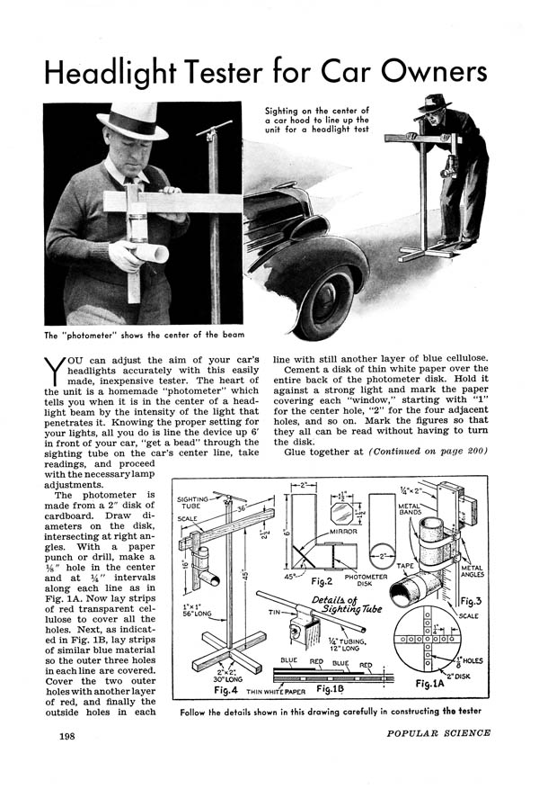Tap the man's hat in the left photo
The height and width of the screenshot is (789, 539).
[133, 119]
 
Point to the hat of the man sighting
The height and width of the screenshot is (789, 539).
[435, 103]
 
